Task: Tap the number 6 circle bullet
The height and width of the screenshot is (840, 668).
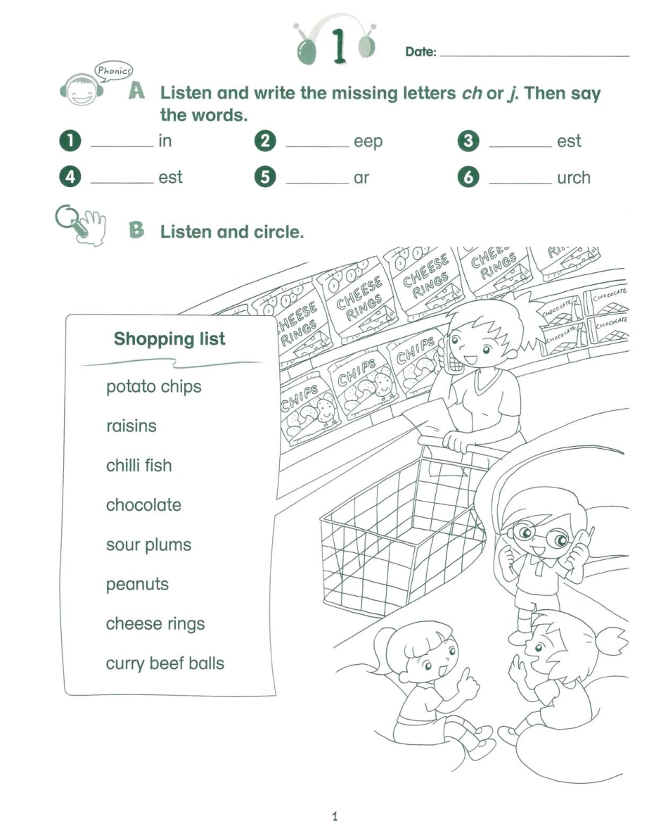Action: point(468,177)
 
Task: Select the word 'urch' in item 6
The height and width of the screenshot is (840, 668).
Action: point(573,178)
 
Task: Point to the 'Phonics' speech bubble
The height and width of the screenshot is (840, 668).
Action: point(113,70)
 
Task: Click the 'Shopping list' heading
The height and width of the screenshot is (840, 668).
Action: point(169,339)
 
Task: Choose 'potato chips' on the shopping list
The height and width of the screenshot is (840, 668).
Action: point(153,387)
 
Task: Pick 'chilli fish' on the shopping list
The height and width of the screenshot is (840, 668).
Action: point(139,466)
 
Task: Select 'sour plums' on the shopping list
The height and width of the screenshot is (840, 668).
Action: point(148,545)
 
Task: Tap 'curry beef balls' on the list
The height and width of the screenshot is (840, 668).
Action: point(165,663)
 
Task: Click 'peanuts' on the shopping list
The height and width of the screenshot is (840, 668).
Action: point(137,585)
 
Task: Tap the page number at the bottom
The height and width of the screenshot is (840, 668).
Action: point(334,817)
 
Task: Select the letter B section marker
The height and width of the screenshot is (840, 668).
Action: point(136,230)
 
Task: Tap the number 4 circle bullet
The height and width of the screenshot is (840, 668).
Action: point(70,177)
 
